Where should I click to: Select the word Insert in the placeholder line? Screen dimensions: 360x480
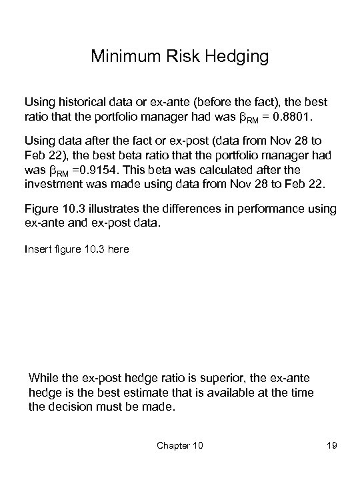tap(37, 249)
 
